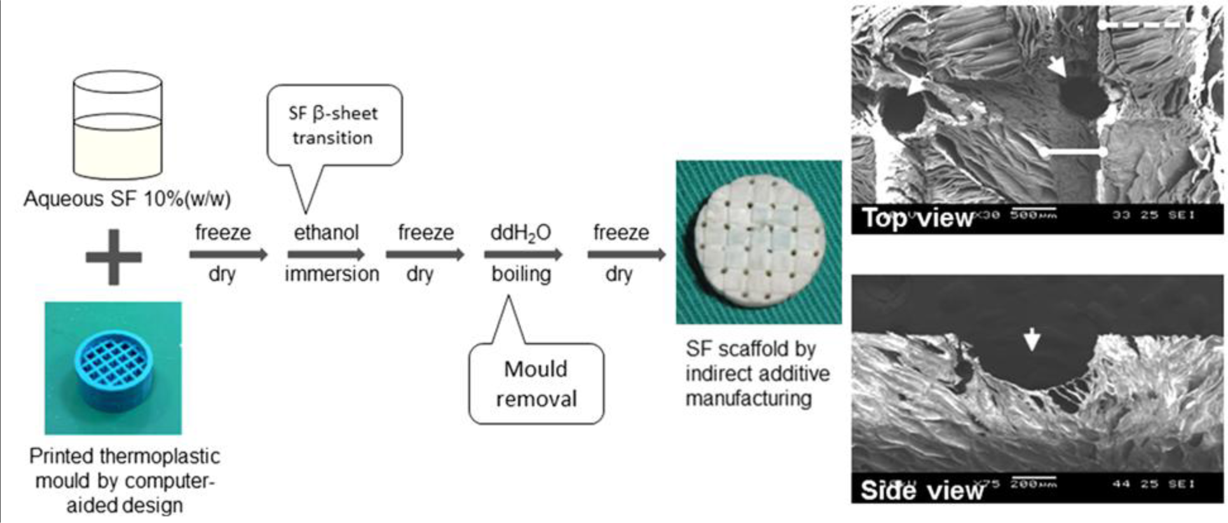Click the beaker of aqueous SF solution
click(118, 125)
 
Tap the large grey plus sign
click(114, 257)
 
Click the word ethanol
click(326, 233)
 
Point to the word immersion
click(332, 274)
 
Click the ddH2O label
click(521, 233)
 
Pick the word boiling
click(521, 274)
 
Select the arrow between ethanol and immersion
click(326, 255)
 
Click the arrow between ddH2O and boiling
click(522, 255)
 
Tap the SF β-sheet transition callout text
click(333, 125)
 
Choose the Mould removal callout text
click(536, 384)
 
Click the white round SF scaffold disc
click(759, 241)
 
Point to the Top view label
click(917, 218)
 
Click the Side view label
click(922, 490)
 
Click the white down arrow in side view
click(1032, 340)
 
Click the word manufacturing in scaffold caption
click(749, 398)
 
